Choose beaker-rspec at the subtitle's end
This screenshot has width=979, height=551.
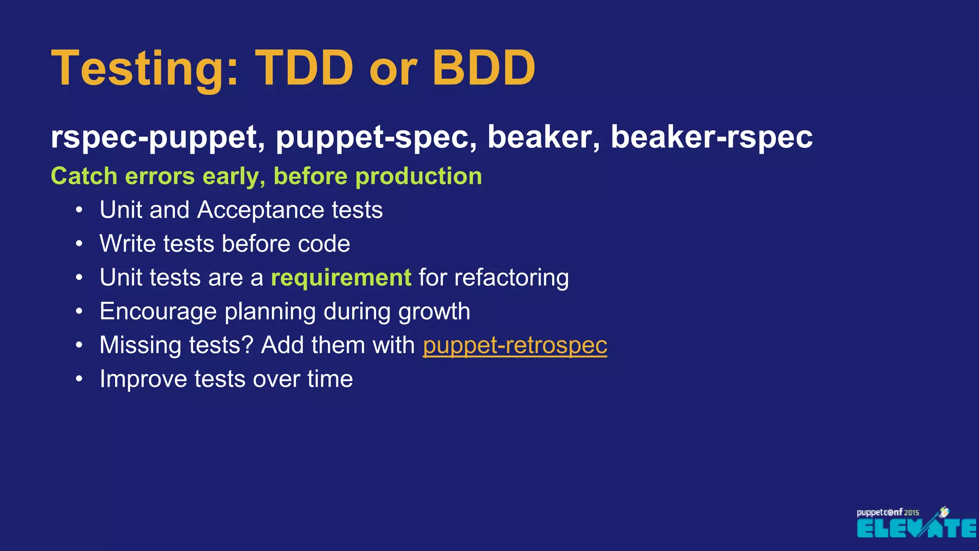[711, 138]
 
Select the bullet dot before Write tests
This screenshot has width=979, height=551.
[79, 244]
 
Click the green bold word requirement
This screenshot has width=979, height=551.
[341, 278]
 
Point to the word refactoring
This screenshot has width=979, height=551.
[511, 278]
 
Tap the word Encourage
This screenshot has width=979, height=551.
[158, 312]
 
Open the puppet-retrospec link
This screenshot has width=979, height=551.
[515, 345]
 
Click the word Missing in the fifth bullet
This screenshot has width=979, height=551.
[140, 345]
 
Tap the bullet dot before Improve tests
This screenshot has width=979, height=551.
[79, 379]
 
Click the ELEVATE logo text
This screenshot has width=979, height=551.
[916, 529]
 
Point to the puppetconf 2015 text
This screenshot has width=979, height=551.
[887, 512]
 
